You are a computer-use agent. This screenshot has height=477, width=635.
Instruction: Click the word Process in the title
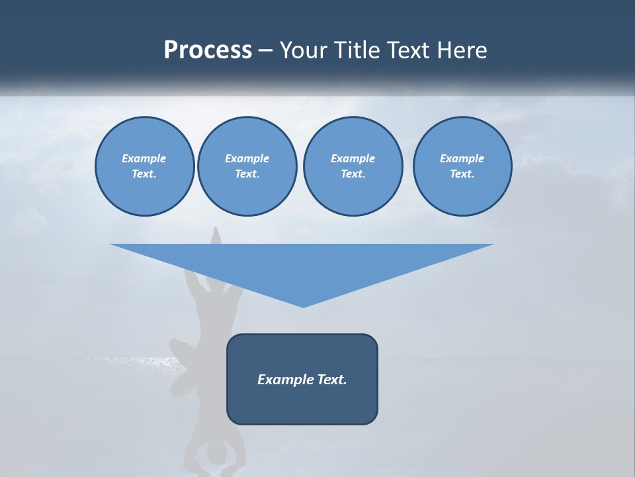coord(208,50)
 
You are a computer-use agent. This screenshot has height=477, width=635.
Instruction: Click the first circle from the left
coord(144,166)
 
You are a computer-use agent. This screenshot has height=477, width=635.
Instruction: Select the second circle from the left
coord(247,166)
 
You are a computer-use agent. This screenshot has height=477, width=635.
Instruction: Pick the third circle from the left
coord(353,166)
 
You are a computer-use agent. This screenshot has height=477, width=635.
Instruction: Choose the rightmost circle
coord(462,166)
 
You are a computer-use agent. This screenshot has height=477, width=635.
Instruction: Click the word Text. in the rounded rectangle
coord(331,380)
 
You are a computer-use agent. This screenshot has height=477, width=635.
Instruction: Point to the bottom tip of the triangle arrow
coord(303,306)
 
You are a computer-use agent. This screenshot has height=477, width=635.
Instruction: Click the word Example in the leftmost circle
coord(144,158)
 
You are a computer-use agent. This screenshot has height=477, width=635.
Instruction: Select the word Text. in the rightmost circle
coord(462,174)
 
